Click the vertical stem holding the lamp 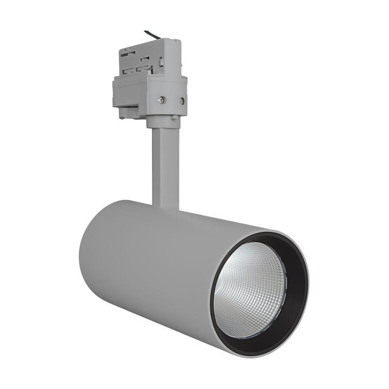pyautogui.click(x=165, y=164)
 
